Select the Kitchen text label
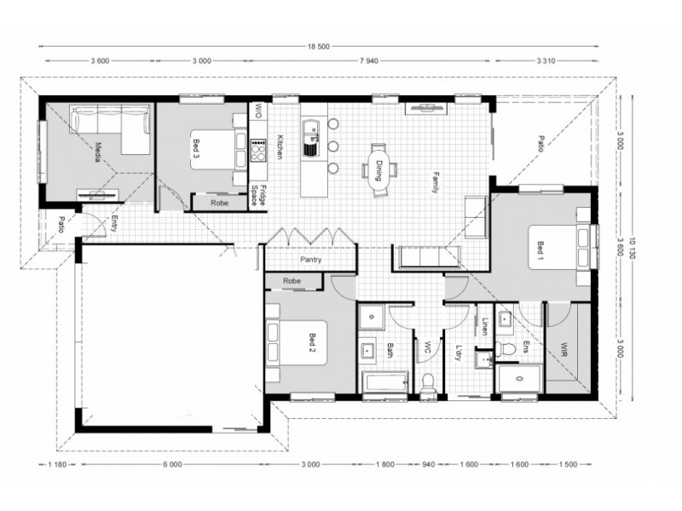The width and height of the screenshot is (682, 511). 279,147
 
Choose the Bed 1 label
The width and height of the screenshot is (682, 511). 540,249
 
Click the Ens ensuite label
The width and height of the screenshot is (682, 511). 526,346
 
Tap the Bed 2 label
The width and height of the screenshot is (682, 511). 312,342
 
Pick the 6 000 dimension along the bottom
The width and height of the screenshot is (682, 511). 171,464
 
